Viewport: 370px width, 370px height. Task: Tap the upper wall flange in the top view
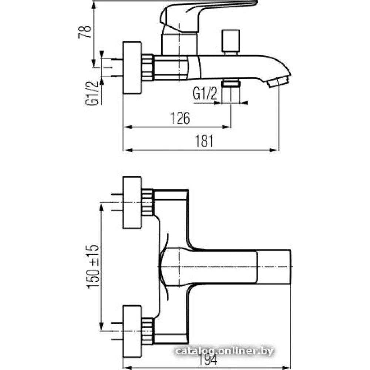click(x=132, y=203)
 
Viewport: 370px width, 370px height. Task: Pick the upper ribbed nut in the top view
click(x=148, y=202)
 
